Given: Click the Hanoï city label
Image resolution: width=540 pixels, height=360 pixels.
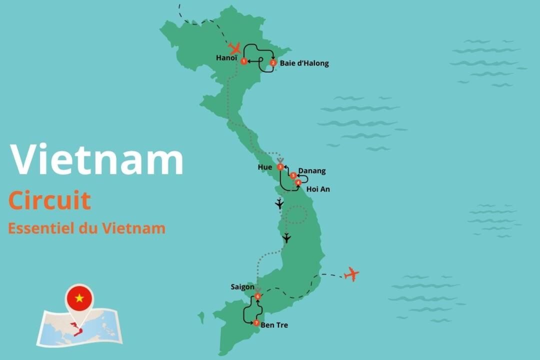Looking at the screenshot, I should click(x=226, y=58).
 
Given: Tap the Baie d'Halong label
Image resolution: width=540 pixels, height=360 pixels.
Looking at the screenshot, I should click(x=304, y=63).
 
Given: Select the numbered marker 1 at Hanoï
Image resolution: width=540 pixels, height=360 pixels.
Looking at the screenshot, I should click(x=243, y=61).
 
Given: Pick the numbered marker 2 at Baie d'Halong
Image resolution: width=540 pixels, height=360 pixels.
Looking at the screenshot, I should click(x=273, y=63).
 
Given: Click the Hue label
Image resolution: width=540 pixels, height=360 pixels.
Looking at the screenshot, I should click(x=265, y=167).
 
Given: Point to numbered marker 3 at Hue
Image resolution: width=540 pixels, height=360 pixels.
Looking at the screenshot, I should click(x=280, y=166).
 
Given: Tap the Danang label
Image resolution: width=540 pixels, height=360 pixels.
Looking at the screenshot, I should click(x=311, y=171).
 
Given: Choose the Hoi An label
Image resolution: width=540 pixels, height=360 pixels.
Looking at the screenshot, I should click(x=318, y=189).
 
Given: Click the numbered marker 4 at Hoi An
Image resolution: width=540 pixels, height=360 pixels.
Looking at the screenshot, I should click(x=298, y=182).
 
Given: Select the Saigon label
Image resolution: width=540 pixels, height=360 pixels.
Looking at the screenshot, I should click(x=242, y=287).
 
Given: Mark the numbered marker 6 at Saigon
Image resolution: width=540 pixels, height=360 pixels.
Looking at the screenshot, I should click(x=257, y=296).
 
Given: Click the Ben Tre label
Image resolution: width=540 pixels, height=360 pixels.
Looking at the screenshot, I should click(x=274, y=325).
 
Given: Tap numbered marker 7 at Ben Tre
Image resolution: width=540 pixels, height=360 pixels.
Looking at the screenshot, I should click(x=256, y=323).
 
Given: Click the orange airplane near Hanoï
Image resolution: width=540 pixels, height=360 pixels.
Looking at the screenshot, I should click(x=234, y=48).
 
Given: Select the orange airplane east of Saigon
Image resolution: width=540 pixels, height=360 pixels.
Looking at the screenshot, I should click(x=352, y=274).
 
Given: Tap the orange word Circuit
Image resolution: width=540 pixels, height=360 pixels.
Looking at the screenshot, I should click(x=49, y=200).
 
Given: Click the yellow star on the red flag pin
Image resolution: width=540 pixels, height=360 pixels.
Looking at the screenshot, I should click(x=79, y=298).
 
